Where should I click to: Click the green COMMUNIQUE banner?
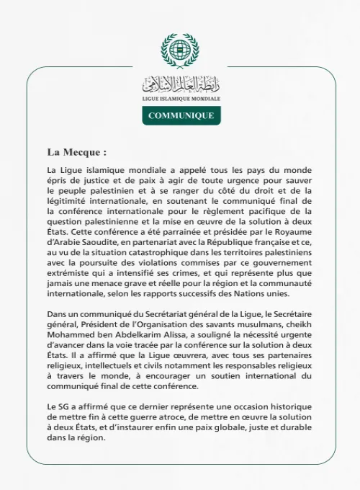point(181,115)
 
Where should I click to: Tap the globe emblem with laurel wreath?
point(179,51)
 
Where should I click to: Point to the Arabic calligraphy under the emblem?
point(181,83)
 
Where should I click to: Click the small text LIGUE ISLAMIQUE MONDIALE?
point(181,98)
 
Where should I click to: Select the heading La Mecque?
point(76,153)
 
